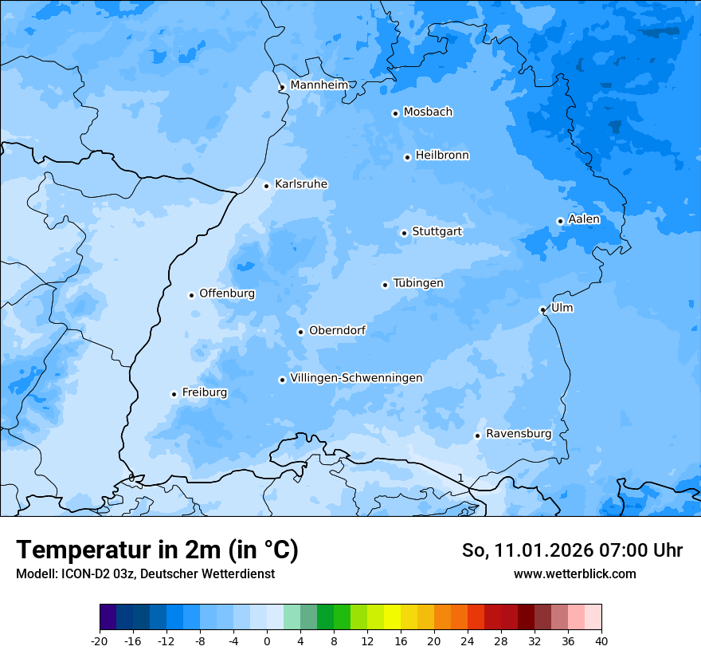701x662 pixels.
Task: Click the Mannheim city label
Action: point(319,85)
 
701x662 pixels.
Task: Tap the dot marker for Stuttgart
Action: point(404,233)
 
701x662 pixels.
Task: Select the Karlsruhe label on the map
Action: point(301,184)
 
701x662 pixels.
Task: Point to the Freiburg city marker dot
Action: point(174,394)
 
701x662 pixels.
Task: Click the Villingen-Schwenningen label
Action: point(356,378)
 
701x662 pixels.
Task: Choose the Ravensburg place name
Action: point(519,434)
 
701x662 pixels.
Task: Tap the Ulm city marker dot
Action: point(542,309)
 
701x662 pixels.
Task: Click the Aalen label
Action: point(584,219)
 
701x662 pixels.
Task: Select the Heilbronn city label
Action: point(442,156)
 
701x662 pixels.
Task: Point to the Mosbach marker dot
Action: point(395,113)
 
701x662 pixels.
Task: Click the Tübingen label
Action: point(418,283)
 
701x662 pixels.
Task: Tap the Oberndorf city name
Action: point(337,330)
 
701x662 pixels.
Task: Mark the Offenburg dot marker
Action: point(191,295)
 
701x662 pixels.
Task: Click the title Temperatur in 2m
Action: point(157,550)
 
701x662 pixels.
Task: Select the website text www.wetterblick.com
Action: point(574,573)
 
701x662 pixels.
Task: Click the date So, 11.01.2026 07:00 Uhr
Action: point(572,550)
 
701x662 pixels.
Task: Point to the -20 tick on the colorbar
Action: point(100,641)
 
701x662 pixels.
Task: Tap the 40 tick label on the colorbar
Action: point(601,641)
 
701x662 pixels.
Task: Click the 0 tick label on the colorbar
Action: point(267,641)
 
